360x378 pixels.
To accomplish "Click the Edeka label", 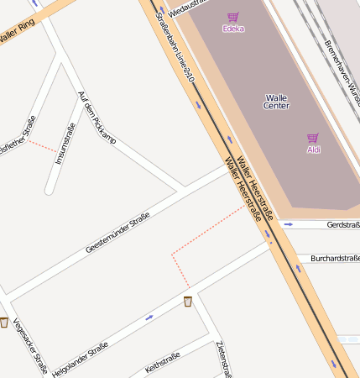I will coord(233,29).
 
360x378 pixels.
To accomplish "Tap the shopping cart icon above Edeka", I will coord(232,17).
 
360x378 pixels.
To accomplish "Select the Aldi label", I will coord(313,150).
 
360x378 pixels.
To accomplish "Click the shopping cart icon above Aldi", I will coord(312,138).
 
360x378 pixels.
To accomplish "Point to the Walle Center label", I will coord(276,102).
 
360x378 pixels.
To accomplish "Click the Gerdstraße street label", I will coord(342,225).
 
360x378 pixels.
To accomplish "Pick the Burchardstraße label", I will coord(335,258).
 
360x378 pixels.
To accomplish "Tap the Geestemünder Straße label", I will coord(117,233).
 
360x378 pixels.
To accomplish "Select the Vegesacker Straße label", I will coord(30,345).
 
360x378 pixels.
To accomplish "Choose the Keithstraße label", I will coord(163,362).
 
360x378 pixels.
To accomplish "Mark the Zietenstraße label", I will coord(222,360).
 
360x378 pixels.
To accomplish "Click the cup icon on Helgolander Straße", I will coord(188,301).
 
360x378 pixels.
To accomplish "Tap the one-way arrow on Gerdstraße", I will coord(288,225).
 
